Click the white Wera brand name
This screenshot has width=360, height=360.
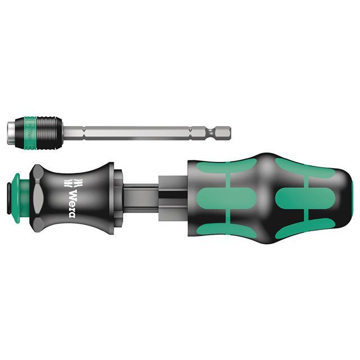72,202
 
